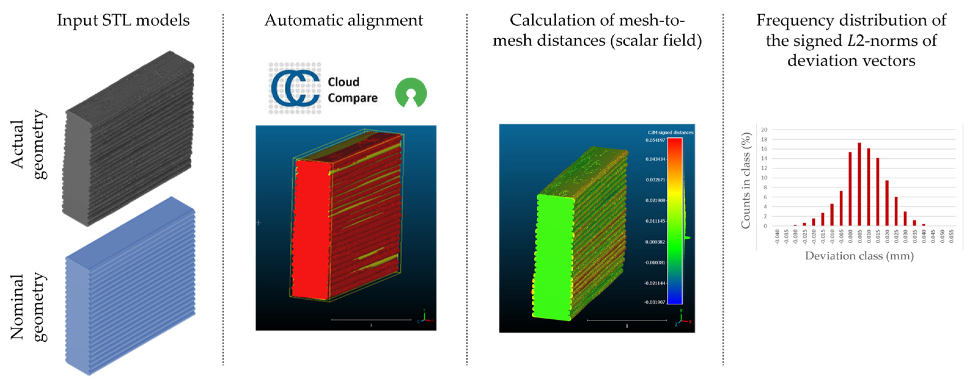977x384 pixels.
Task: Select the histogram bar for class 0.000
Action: (850, 189)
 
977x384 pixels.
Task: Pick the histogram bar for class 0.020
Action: (887, 203)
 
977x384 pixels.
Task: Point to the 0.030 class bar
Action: (905, 218)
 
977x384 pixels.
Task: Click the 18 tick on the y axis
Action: (764, 139)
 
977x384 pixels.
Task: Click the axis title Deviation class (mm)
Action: (859, 256)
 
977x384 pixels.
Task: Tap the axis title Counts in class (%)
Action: (746, 180)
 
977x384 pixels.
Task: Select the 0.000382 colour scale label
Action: (655, 242)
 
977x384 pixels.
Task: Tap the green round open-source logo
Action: (411, 92)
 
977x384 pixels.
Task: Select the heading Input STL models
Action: (123, 20)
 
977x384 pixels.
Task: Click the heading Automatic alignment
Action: (343, 20)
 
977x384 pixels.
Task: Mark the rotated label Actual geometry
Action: (28, 144)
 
